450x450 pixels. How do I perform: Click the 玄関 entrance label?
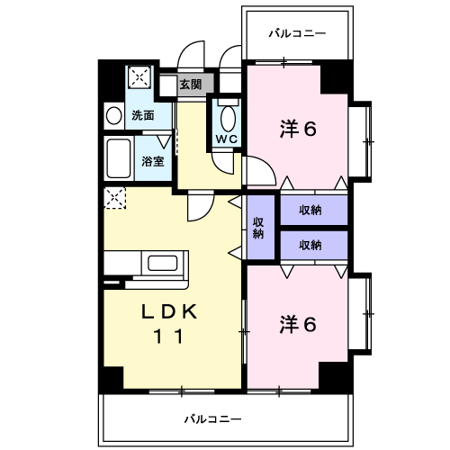[x=191, y=85]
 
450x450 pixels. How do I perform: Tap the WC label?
[x=227, y=139]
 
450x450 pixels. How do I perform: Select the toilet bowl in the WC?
[x=228, y=119]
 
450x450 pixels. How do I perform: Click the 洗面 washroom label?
[x=143, y=115]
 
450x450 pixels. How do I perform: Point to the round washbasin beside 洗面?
[x=114, y=116]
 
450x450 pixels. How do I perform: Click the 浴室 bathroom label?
[x=153, y=161]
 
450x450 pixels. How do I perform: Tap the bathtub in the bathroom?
[x=119, y=158]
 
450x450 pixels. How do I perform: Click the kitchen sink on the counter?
[x=162, y=263]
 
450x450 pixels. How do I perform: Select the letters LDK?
[x=169, y=311]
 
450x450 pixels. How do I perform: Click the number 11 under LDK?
[x=168, y=337]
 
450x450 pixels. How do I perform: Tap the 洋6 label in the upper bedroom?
[x=298, y=129]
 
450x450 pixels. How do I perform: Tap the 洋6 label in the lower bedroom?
[x=298, y=324]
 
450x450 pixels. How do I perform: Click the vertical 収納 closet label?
[x=258, y=228]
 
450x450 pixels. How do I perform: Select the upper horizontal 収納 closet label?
[x=310, y=210]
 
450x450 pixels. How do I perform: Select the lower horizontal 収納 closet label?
[x=310, y=245]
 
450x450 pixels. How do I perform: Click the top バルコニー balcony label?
[x=297, y=33]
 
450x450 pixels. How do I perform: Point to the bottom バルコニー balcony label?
[x=212, y=419]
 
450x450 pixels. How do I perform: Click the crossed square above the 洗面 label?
[x=139, y=77]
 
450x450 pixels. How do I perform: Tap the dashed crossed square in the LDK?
[x=114, y=198]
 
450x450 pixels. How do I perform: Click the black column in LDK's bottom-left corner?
[x=113, y=378]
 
